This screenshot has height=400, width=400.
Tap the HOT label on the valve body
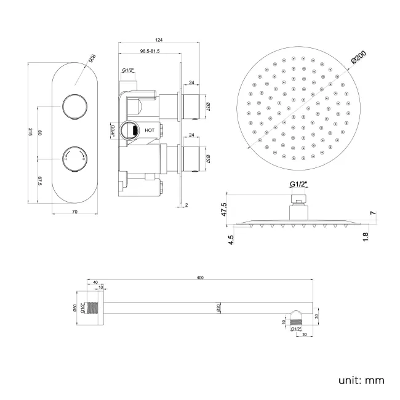(x=150, y=130)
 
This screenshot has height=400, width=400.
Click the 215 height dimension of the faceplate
(x=30, y=134)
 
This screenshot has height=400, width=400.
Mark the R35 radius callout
(x=92, y=60)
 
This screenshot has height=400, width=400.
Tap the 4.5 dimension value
(x=231, y=239)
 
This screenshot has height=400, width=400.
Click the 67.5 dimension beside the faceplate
(x=39, y=180)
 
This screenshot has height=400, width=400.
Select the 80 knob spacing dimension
(x=39, y=133)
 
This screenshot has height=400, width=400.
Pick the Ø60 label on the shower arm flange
(x=74, y=308)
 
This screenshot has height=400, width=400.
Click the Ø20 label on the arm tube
(x=218, y=308)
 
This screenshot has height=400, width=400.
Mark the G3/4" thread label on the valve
(x=113, y=130)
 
